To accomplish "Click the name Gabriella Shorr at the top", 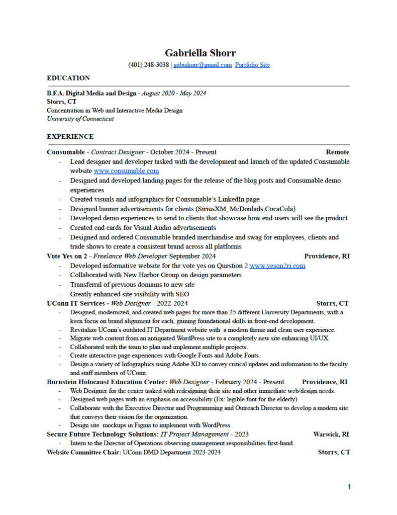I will coord(200,53).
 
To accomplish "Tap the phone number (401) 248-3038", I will coord(148,65).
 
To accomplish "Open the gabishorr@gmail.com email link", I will coord(203,65).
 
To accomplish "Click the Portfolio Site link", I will coord(252,65).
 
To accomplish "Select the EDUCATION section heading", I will coord(68,78).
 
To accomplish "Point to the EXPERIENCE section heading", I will coord(70,136).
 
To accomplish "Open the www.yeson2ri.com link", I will coord(277,266).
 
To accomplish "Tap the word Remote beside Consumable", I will coord(337,152).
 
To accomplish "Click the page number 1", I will coord(349,486).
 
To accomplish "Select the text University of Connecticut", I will coord(80,119).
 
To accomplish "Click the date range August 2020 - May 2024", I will coord(174,93).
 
